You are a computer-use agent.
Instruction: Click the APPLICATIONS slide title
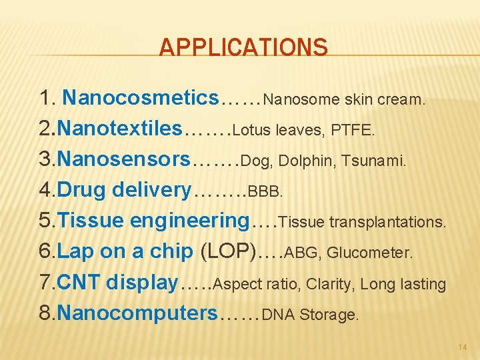243,48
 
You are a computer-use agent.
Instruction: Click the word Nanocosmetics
140,99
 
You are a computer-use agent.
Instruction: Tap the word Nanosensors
124,160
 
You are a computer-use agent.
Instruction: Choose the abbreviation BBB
265,192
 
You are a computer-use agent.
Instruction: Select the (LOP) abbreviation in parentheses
230,251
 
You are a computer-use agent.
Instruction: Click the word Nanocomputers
138,313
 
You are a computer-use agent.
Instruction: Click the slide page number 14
463,347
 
